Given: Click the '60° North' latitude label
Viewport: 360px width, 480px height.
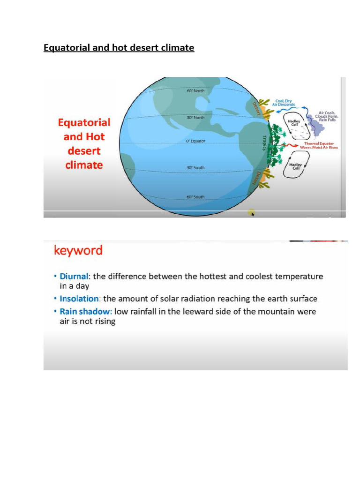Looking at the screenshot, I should point(195,90).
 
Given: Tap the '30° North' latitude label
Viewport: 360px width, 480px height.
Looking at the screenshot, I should point(195,118).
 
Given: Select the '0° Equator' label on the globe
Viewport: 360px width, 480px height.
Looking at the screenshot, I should point(195,141).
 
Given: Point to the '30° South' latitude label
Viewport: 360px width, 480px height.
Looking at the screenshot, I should point(195,167).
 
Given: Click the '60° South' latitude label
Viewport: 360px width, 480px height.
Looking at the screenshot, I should point(195,197).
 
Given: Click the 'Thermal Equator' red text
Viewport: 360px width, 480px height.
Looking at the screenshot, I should point(319,143).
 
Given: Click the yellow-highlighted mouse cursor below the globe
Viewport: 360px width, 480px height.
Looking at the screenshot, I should point(252,213).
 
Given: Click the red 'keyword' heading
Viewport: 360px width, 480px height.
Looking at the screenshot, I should point(78,250).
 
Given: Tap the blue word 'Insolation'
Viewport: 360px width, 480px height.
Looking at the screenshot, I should point(79,299).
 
